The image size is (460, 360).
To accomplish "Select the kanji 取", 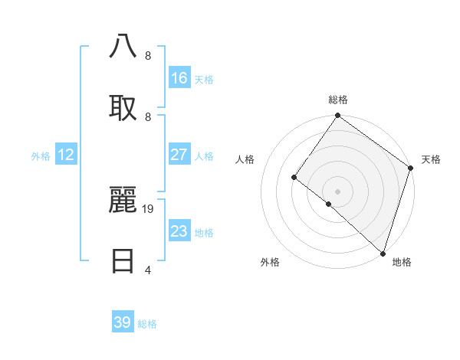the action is coord(123,106).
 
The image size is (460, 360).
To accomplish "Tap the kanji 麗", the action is coord(123,201).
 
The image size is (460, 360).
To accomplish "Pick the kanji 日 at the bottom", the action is coord(123,260).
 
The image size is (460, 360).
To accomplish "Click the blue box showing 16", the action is coord(179,78).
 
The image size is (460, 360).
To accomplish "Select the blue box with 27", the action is coord(179,155).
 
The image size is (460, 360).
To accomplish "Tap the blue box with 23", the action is coord(179,231).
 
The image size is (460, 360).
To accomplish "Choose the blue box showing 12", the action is coord(66,155).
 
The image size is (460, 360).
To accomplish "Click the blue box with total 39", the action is coord(123,322).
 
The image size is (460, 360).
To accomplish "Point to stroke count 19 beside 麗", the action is coord(149,208).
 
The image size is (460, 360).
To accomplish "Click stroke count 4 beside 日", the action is coord(147,270).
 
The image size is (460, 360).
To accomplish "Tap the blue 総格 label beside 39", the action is coord(147,324).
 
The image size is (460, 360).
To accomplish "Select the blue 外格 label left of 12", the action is coord(41,156).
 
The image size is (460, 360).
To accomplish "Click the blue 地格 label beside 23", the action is coord(204,233).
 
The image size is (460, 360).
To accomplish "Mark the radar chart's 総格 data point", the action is coord(337,116).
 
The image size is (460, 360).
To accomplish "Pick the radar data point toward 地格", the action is coord(383,253).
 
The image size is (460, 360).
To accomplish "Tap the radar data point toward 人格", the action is coord(294,177).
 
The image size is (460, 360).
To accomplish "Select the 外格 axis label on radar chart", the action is coord(269,263).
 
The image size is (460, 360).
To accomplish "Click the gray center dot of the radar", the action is coord(337,191).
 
